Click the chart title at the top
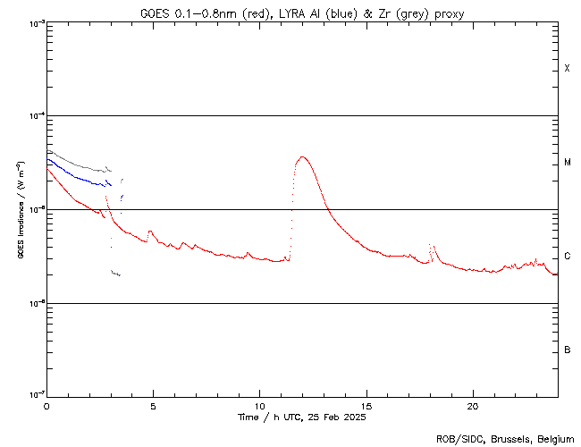[x=301, y=13]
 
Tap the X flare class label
[x=567, y=69]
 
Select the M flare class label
[x=567, y=163]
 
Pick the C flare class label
[x=567, y=257]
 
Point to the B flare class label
[x=567, y=350]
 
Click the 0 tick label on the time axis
[x=46, y=406]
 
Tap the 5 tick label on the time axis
[x=153, y=406]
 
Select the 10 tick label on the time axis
[x=259, y=406]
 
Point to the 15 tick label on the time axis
[x=366, y=406]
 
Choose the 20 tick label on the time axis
[x=472, y=406]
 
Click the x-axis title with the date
[x=301, y=417]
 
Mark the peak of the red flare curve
[x=302, y=157]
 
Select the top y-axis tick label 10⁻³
[x=36, y=22]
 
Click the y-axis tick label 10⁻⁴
[x=36, y=115]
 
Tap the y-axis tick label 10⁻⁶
[x=36, y=302]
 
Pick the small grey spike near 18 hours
[x=431, y=244]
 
